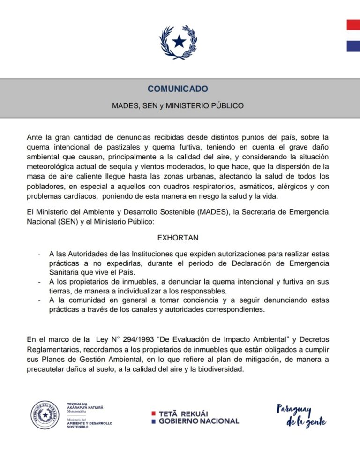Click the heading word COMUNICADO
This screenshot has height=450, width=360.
178,89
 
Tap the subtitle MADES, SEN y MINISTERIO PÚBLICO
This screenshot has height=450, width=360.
178,105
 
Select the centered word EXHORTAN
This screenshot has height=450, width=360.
178,238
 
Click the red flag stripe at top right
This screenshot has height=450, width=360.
353,25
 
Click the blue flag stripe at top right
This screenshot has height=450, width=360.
353,45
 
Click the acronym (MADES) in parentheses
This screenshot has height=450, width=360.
212,212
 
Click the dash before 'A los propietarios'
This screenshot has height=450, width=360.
39,282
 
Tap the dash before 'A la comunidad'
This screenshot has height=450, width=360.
39,300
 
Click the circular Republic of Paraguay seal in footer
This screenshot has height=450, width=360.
45,415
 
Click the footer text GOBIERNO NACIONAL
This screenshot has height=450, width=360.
199,421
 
